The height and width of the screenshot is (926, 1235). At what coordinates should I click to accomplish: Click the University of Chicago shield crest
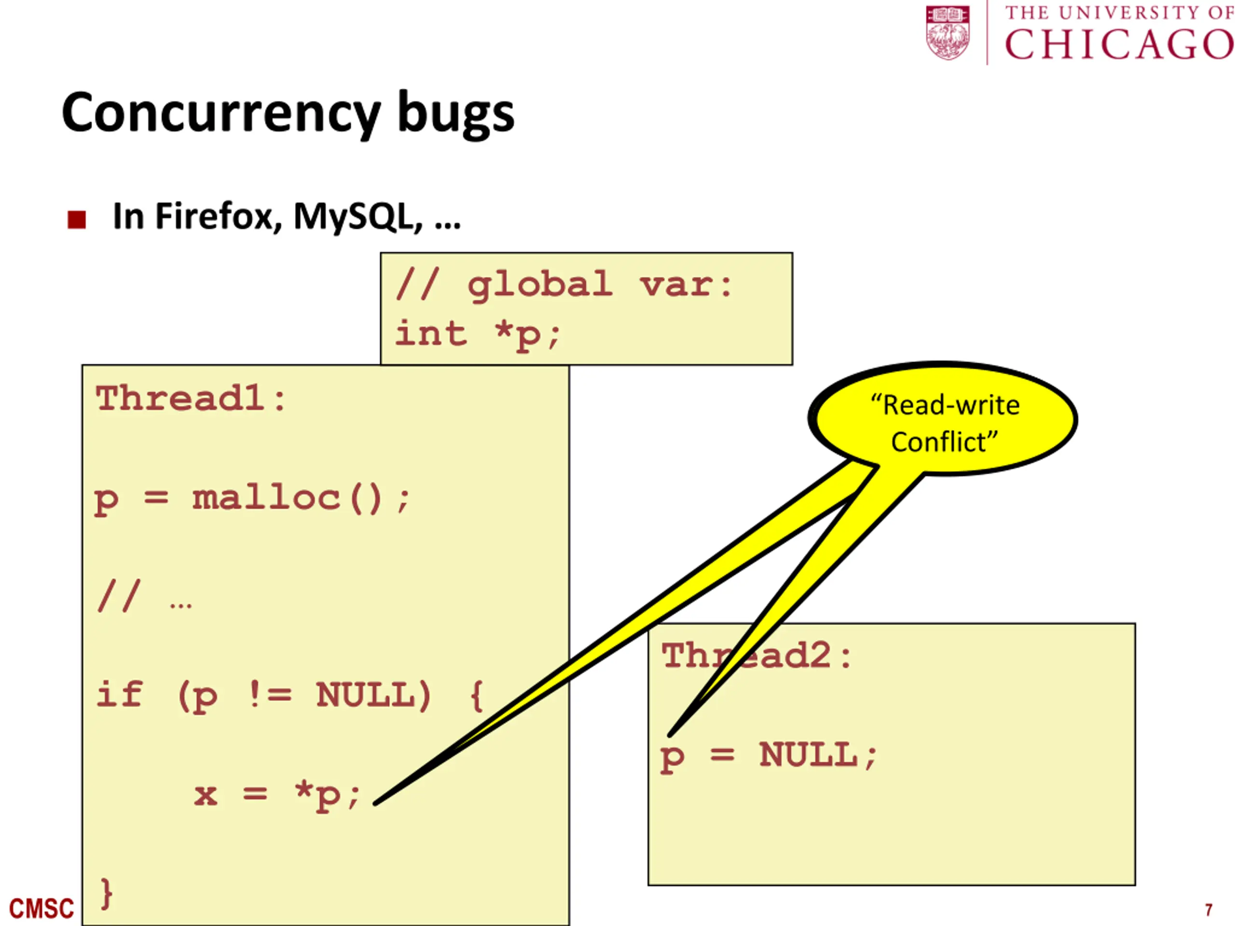pos(947,32)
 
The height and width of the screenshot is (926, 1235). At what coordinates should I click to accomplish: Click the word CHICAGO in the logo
pos(1118,45)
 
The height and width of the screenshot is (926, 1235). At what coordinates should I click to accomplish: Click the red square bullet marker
pos(77,219)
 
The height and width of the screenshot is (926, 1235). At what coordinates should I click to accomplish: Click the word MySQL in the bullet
pos(358,217)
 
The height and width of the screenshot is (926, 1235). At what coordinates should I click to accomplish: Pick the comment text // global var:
pos(564,285)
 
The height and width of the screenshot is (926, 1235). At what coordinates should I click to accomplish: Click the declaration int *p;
pos(478,334)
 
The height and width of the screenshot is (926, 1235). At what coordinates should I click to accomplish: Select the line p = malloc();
pos(252,498)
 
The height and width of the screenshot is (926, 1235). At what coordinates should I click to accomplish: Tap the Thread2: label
pos(756,656)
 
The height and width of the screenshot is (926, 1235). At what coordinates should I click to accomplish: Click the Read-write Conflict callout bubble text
pos(944,422)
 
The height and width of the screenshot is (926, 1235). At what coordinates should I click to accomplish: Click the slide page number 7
pos(1208,910)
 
